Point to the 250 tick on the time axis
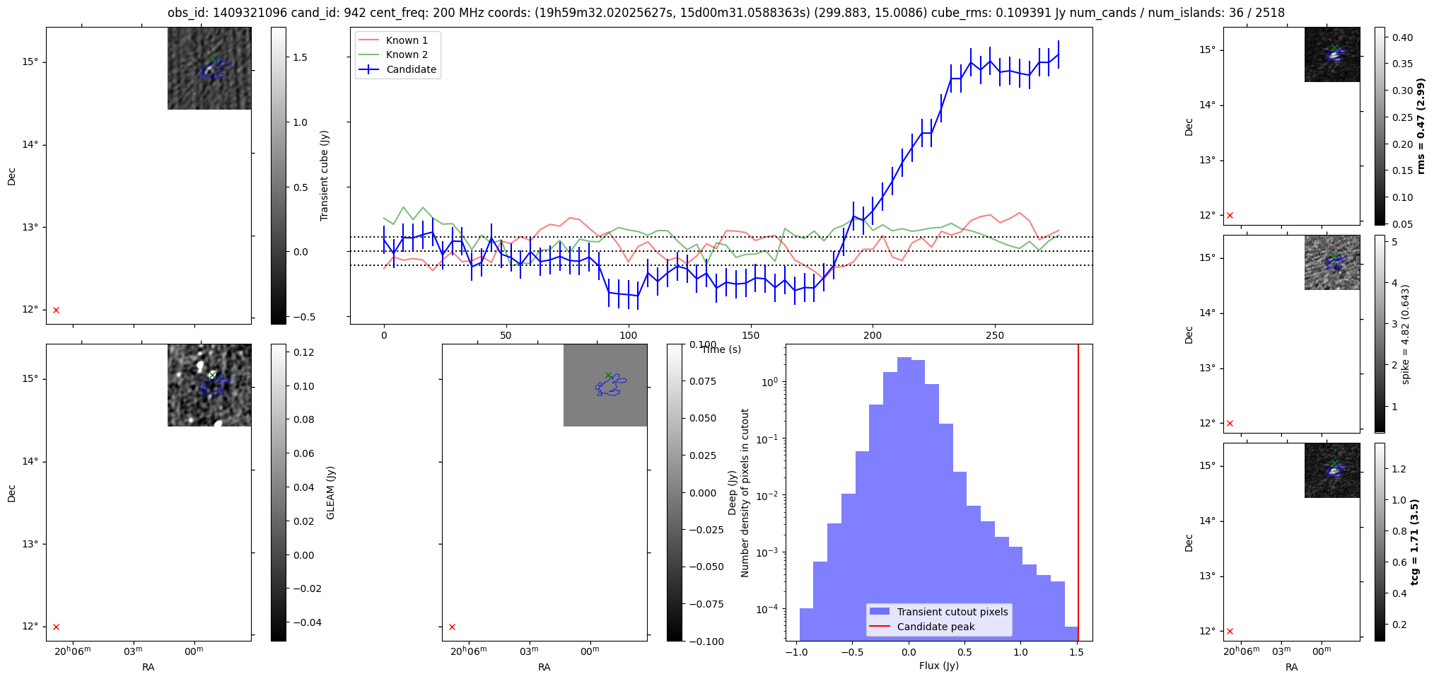click(x=994, y=335)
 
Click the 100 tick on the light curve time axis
click(x=628, y=335)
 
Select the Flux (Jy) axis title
click(x=938, y=666)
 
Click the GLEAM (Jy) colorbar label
click(x=330, y=492)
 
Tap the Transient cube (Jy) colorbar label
click(x=325, y=175)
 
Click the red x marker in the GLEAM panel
click(x=56, y=627)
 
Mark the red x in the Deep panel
click(x=452, y=627)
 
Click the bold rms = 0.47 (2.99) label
click(x=1421, y=126)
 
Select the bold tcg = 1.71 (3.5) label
click(x=1415, y=542)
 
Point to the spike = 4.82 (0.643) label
click(x=1406, y=334)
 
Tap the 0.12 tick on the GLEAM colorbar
click(x=303, y=352)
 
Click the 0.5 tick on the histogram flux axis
click(x=964, y=652)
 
